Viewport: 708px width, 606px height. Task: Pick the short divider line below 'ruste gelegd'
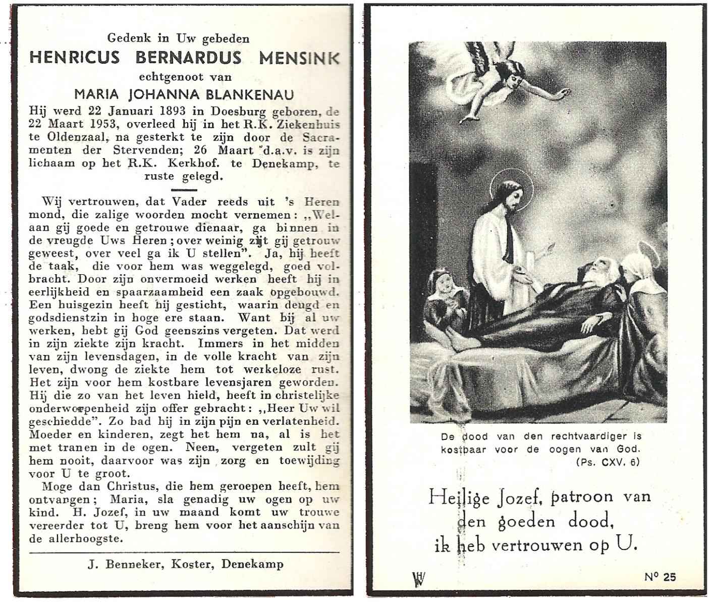click(184, 190)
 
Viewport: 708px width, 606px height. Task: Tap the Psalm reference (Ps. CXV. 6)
click(608, 462)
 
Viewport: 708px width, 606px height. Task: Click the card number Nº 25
click(660, 577)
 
